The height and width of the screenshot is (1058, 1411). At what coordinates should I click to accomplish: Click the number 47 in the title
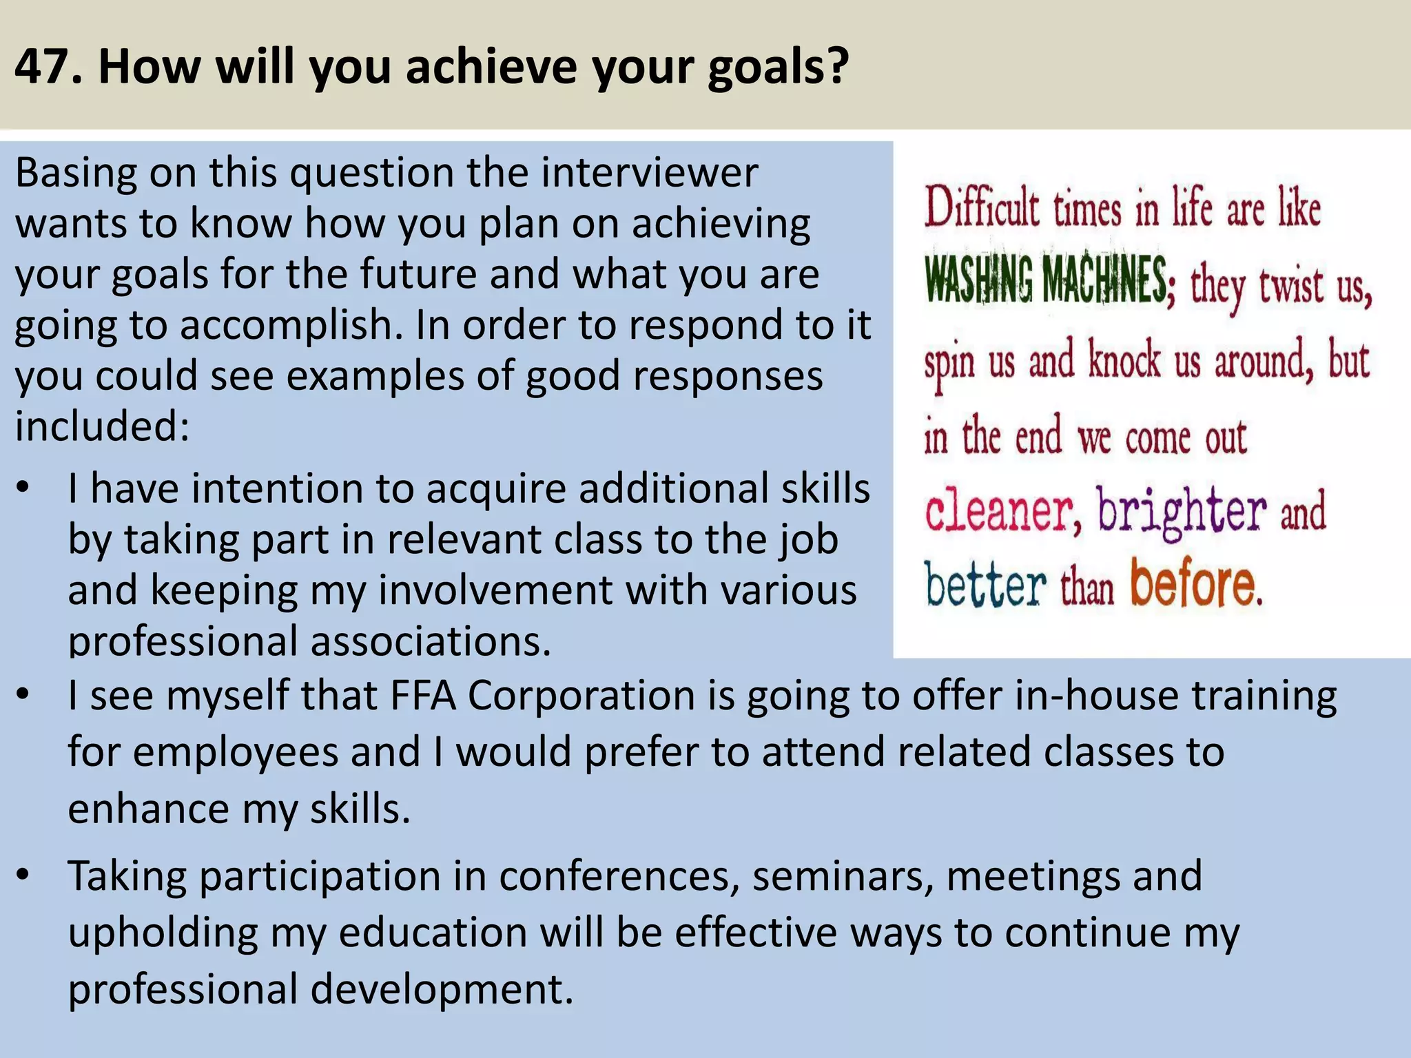[x=41, y=67]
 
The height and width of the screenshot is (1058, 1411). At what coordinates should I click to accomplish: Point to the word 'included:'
[x=102, y=426]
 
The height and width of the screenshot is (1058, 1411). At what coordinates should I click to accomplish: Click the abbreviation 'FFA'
[x=423, y=695]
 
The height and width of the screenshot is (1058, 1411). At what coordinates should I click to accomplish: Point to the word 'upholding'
[x=163, y=933]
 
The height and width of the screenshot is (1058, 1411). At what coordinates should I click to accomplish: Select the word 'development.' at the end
[x=442, y=989]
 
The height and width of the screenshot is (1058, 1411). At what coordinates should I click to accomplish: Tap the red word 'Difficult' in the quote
[x=981, y=207]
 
